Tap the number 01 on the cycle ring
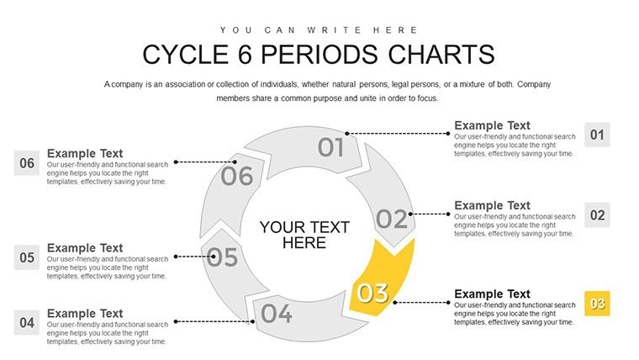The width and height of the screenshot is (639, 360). (x=331, y=148)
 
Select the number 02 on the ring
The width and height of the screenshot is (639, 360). (x=391, y=220)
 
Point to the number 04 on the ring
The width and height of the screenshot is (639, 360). (x=276, y=315)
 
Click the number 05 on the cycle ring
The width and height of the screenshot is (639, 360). (x=222, y=257)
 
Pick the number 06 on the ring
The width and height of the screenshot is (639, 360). (x=236, y=177)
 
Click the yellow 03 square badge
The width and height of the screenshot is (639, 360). (x=597, y=304)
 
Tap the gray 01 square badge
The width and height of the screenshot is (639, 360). (x=597, y=135)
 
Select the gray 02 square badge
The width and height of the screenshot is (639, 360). (x=597, y=215)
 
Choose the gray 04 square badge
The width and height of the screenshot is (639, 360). (x=27, y=322)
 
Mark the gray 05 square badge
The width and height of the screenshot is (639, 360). (x=27, y=257)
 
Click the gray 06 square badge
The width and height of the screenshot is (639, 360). (x=27, y=163)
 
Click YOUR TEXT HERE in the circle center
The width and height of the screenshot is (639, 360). (x=304, y=235)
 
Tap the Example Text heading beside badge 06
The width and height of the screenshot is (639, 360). (x=85, y=153)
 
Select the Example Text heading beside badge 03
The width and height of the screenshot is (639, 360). (x=492, y=294)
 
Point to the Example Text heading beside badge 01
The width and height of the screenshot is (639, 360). (x=492, y=124)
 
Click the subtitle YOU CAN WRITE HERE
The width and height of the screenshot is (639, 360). (x=318, y=29)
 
